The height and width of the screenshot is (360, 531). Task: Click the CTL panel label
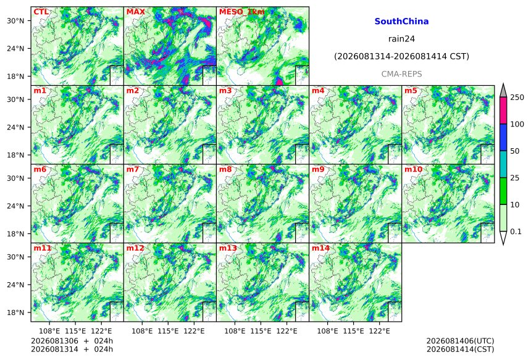(41, 12)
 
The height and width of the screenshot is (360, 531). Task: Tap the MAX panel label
(135, 12)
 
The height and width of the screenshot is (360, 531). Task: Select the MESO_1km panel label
(242, 12)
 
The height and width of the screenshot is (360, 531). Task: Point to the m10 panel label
(413, 169)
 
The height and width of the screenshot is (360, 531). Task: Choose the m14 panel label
(320, 248)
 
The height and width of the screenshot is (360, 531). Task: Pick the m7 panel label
(133, 169)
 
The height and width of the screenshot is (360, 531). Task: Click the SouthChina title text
(401, 22)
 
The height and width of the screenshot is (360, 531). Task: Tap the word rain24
(401, 39)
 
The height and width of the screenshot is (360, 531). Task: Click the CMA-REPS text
(401, 74)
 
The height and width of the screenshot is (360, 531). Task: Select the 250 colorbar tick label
(517, 98)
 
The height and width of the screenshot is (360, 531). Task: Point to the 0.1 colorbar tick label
(516, 232)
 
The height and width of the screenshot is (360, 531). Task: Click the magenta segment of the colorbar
(504, 111)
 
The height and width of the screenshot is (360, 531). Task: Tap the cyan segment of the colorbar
(504, 164)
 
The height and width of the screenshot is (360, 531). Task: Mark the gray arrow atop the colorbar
(504, 91)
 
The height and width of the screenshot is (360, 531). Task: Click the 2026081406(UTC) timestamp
(460, 341)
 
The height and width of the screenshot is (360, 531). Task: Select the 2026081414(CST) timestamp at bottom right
(460, 350)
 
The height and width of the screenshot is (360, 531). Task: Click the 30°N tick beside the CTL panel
(15, 20)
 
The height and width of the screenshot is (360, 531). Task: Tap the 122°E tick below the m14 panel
(380, 330)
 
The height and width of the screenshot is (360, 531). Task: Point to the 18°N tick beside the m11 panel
(15, 312)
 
